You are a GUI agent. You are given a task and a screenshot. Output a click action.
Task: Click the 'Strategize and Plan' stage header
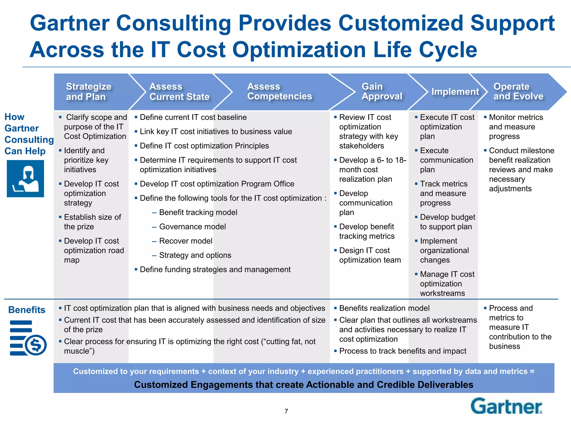click(89, 91)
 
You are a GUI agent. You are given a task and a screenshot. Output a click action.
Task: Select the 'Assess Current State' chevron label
click(180, 91)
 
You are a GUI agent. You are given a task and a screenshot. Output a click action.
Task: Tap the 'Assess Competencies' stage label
click(280, 91)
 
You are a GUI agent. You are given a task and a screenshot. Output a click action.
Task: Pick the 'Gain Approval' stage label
click(382, 91)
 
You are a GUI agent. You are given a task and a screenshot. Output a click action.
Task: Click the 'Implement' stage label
click(455, 91)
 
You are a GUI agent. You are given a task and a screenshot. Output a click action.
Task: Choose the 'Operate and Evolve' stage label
click(519, 91)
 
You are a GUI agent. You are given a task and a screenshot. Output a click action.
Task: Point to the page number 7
click(286, 411)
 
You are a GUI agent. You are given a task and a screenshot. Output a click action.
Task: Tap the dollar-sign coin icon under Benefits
click(36, 345)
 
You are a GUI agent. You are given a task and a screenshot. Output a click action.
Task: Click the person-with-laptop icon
click(25, 179)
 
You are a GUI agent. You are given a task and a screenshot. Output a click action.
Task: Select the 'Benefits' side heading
click(27, 310)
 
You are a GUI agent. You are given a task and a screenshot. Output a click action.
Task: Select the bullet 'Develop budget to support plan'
click(445, 222)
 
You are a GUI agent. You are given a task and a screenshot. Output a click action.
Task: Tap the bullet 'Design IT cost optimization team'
click(368, 255)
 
